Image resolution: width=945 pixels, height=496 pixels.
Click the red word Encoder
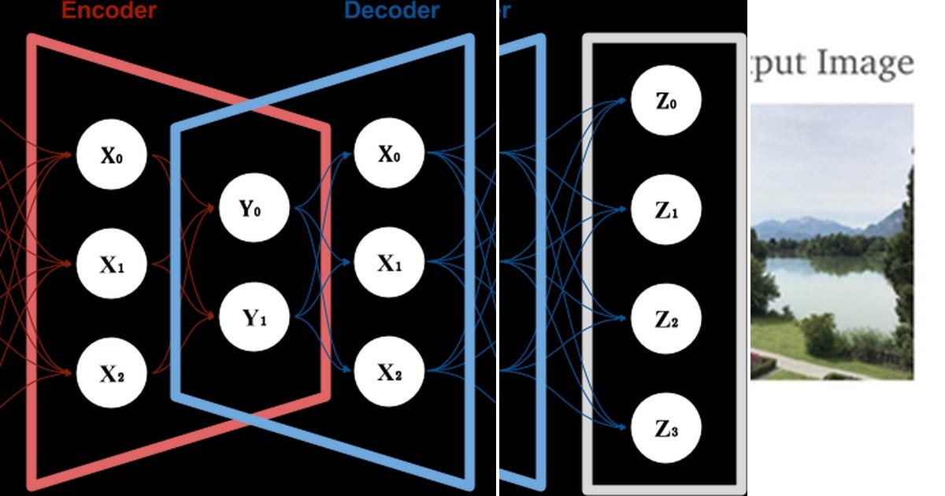[x=108, y=10]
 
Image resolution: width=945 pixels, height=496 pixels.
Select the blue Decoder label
[x=391, y=10]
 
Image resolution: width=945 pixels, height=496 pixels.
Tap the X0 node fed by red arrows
[x=111, y=155]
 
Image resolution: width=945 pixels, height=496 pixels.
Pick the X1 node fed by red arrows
[x=111, y=265]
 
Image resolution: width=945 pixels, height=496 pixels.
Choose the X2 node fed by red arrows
[x=111, y=374]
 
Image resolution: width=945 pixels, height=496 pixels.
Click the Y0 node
[x=254, y=209]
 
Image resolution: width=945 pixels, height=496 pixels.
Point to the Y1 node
[x=254, y=319]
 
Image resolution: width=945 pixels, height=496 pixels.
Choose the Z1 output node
[x=666, y=211]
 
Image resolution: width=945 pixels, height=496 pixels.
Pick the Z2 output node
[x=666, y=320]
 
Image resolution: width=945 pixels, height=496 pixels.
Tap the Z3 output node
[x=666, y=429]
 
